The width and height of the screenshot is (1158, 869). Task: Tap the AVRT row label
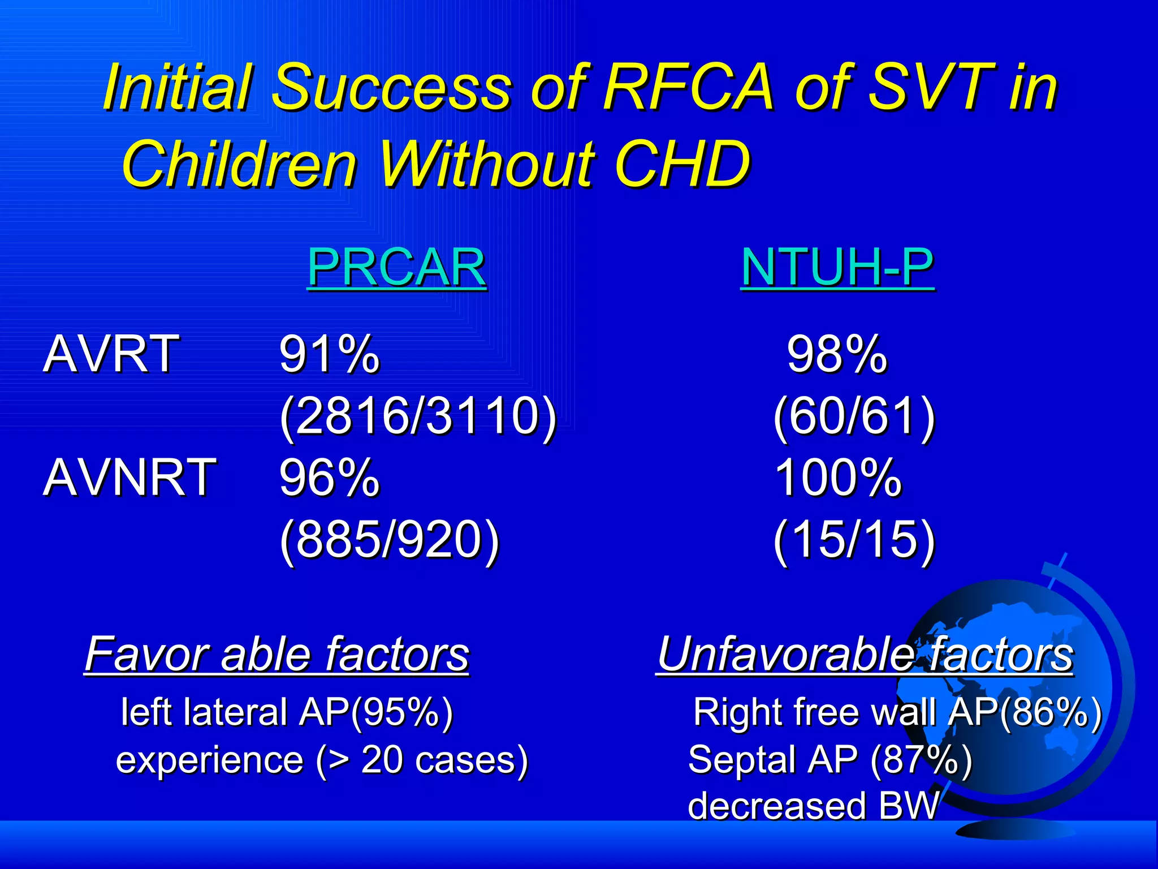[x=111, y=354]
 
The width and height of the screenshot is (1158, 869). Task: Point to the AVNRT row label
[x=129, y=478]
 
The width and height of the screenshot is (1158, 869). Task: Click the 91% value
[x=329, y=354]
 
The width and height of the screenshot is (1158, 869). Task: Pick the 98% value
[x=837, y=354]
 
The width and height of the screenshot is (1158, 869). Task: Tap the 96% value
[x=329, y=478]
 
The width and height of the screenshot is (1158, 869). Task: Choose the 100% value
[x=838, y=478]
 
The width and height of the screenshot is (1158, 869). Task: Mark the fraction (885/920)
[x=390, y=539]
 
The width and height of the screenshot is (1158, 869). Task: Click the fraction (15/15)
[x=854, y=539]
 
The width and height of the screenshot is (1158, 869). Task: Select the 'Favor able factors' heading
[x=277, y=655]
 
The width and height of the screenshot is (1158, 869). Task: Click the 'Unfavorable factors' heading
[x=865, y=655]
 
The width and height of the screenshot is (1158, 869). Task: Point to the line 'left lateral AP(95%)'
[x=287, y=712]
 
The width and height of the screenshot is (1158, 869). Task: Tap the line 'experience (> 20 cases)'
[x=322, y=760]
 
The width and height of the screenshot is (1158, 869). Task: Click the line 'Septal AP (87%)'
[x=829, y=760]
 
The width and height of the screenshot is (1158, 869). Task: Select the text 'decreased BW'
[x=813, y=806]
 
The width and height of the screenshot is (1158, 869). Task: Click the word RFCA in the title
[x=688, y=88]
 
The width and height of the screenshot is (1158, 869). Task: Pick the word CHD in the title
[x=682, y=164]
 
